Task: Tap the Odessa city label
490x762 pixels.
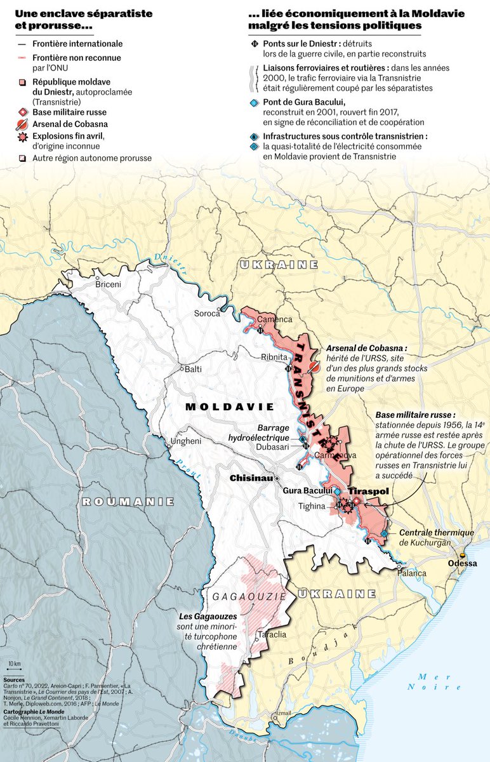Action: coord(463,563)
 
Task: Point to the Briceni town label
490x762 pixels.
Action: coord(108,284)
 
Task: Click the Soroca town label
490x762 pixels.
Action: coord(207,313)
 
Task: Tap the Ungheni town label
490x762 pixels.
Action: coord(186,441)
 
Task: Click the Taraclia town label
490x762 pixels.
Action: coord(270,634)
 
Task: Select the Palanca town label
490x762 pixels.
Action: coord(413,573)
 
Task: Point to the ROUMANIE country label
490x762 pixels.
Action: coord(128,502)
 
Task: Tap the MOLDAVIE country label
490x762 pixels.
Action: coord(230,406)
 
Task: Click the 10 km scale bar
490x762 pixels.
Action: coord(14,668)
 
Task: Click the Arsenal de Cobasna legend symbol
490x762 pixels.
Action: coord(22,123)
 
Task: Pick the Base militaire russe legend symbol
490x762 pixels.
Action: coord(22,112)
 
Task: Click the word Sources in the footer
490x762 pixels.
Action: coord(14,679)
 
